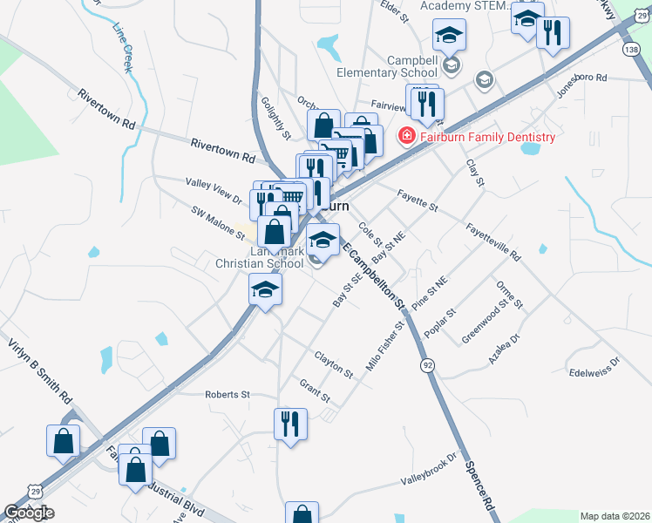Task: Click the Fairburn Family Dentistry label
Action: [x=487, y=138]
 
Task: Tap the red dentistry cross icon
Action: [x=405, y=137]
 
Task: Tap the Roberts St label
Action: [x=228, y=395]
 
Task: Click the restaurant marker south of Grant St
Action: [x=290, y=425]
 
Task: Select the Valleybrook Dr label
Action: [x=429, y=470]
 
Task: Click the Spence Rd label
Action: [x=479, y=487]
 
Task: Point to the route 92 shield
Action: [x=427, y=363]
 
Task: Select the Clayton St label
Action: [x=334, y=365]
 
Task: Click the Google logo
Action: [x=30, y=513]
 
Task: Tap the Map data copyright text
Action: [x=615, y=516]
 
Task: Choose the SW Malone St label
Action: [x=219, y=223]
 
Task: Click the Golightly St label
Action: [x=275, y=118]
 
